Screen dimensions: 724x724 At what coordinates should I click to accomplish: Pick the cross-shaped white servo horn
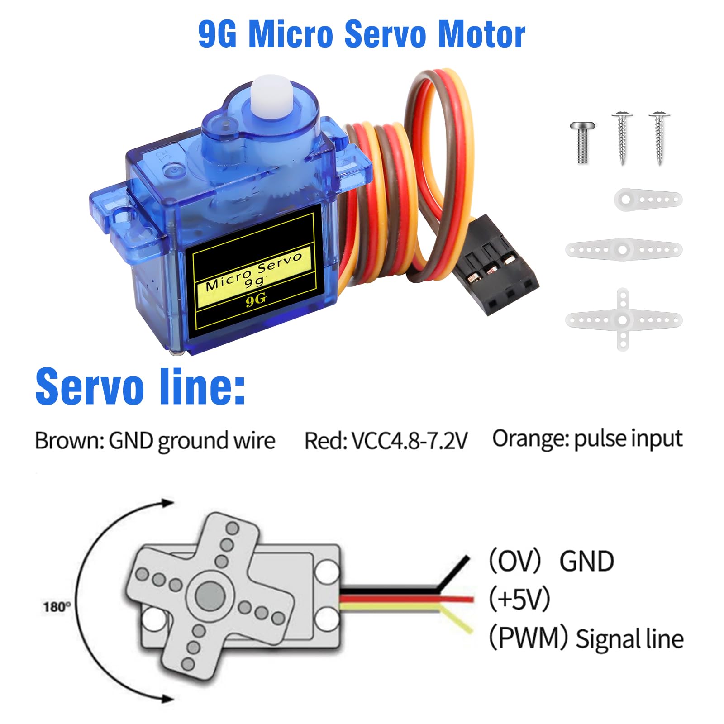(624, 319)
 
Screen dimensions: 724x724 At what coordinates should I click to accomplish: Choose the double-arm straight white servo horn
(624, 249)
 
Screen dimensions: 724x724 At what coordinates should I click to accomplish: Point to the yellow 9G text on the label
(256, 300)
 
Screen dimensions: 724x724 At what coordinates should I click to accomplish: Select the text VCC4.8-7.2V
(409, 441)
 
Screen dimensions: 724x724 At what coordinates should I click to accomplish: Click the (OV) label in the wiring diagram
(515, 561)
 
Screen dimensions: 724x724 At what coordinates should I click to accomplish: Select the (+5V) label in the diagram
(519, 599)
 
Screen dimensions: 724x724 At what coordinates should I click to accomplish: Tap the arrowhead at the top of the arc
(167, 503)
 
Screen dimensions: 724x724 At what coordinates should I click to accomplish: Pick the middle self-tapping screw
(623, 138)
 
